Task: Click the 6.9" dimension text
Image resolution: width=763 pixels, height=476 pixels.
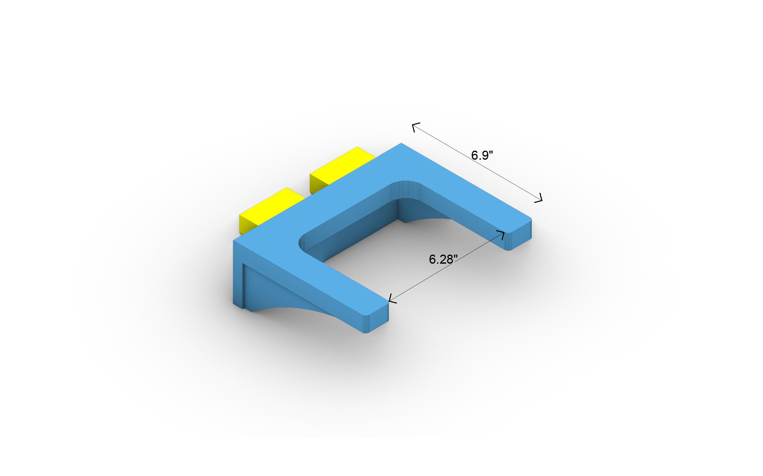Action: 482,155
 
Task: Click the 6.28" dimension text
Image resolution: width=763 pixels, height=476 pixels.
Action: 443,259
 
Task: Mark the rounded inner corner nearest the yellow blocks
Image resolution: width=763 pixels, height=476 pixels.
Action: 302,244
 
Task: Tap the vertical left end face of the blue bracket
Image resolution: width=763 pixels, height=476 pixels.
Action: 237,274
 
